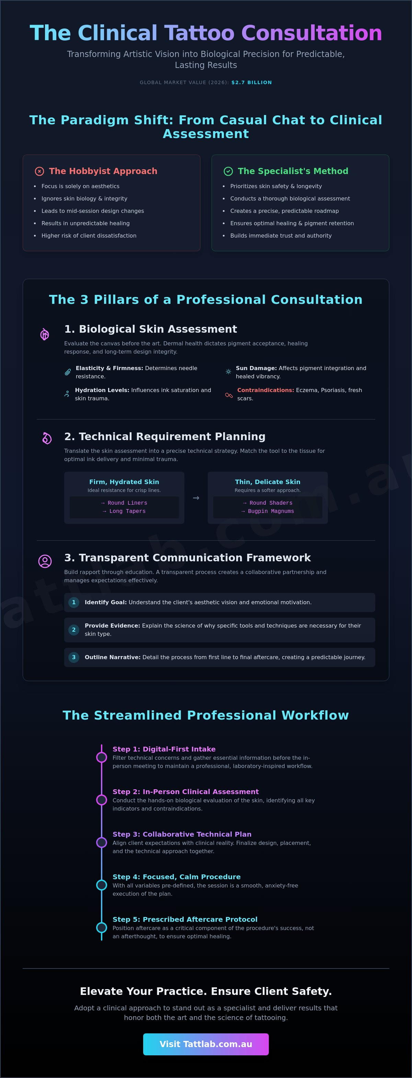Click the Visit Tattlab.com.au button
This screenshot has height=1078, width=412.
tap(206, 1044)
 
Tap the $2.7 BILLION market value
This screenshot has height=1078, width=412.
tap(252, 82)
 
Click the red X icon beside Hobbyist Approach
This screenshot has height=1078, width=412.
tap(39, 171)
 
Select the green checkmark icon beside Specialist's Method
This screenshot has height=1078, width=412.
tap(228, 171)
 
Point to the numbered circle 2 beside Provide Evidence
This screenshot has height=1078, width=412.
tap(74, 630)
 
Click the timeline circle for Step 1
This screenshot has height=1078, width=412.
tap(101, 757)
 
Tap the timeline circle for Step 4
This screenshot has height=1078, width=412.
tap(101, 885)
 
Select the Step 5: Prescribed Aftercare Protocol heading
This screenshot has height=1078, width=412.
tap(185, 919)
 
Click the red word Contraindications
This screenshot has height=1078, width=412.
tap(265, 390)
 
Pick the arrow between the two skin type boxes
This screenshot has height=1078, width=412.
tap(196, 498)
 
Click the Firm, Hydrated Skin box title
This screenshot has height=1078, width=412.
tap(124, 482)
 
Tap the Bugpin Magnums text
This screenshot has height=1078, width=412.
tap(271, 512)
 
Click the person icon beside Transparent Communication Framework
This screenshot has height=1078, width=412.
tap(45, 561)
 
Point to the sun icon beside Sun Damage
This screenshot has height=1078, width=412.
tap(228, 371)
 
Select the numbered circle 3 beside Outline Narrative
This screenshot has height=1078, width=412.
tap(74, 657)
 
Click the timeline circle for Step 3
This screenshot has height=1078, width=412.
tap(101, 842)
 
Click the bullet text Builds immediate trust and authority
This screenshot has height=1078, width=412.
tap(281, 236)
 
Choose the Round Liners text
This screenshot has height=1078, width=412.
tap(127, 503)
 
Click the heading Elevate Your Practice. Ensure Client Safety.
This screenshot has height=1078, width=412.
tap(206, 991)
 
